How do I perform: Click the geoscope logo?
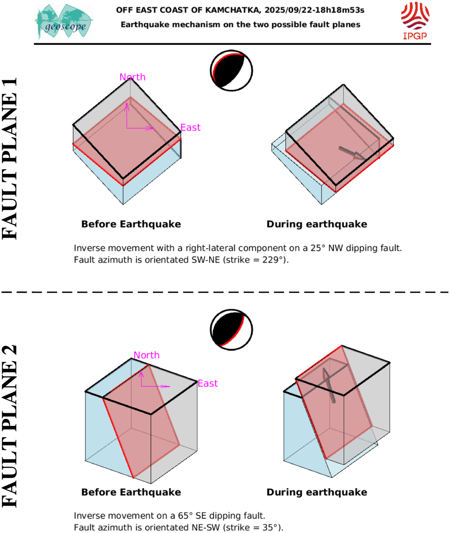click(x=64, y=22)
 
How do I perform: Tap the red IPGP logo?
click(x=415, y=20)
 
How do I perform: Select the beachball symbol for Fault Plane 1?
click(x=231, y=70)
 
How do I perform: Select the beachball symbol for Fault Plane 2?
click(x=231, y=330)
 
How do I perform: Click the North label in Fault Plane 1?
click(x=132, y=77)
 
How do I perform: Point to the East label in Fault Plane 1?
click(x=190, y=127)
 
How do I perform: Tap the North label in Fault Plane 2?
click(x=147, y=355)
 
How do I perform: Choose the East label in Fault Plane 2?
click(x=208, y=383)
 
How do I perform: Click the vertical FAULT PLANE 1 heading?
click(x=10, y=158)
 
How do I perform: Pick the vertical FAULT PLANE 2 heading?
click(x=10, y=426)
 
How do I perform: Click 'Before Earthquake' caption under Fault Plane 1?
click(x=131, y=224)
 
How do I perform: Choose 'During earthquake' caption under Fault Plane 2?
click(x=317, y=492)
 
